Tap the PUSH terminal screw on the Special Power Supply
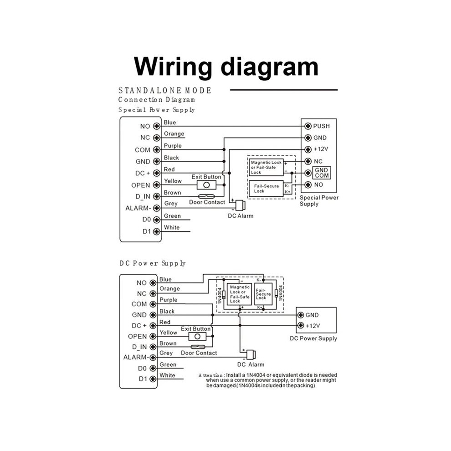tap(308, 126)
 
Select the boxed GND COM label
tap(322, 173)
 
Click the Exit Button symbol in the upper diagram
tap(206, 185)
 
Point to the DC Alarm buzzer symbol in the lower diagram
tap(251, 354)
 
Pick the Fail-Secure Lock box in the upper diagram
tap(266, 189)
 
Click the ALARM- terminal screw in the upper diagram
tap(156, 208)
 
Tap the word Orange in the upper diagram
tap(174, 134)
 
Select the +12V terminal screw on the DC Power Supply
tap(301, 325)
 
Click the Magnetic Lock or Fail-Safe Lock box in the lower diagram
tap(239, 294)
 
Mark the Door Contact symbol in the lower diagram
tap(198, 347)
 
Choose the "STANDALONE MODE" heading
tap(165, 91)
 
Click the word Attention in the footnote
tap(210, 375)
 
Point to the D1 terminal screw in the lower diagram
tap(153, 379)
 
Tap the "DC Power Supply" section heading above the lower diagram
tap(153, 263)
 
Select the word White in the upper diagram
tap(172, 227)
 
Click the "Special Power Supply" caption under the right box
tap(319, 201)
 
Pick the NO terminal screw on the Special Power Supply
tap(308, 184)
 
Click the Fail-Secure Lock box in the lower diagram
tap(263, 294)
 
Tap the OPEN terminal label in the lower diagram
tap(137, 336)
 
